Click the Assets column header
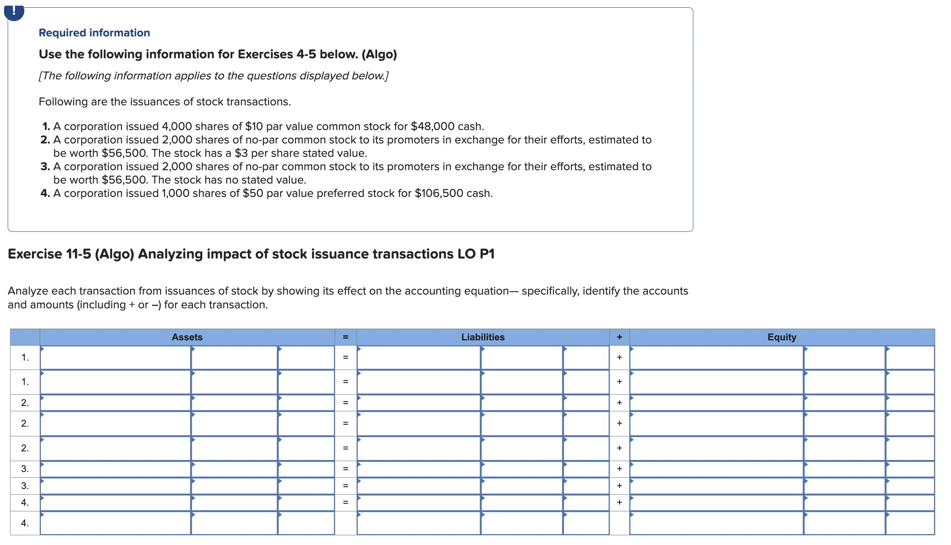[x=187, y=337]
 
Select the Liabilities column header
[x=483, y=337]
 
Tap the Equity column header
[x=782, y=337]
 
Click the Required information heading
[x=94, y=33]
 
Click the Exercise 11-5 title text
[x=251, y=254]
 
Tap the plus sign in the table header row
[x=619, y=337]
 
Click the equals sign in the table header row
[x=345, y=337]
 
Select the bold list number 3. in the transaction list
[x=45, y=167]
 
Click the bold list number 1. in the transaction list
[x=46, y=126]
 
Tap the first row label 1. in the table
[x=25, y=357]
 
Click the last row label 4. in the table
[x=25, y=523]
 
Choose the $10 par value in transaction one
[x=254, y=126]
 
